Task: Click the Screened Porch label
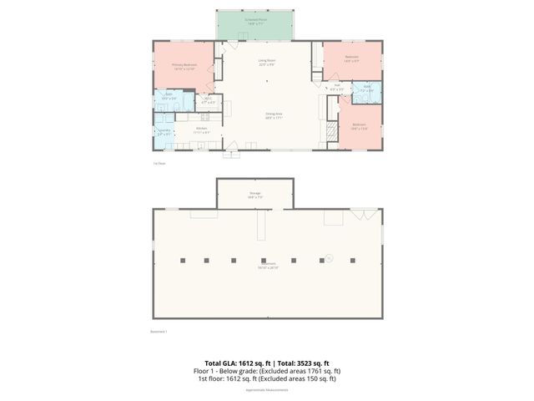(256, 18)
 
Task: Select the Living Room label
(267, 60)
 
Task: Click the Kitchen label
(202, 129)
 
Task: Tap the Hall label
(338, 84)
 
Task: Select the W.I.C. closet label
(209, 100)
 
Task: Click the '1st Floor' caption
(159, 163)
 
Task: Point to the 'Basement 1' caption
(159, 332)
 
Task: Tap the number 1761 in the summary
(309, 370)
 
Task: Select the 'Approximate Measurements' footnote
(267, 389)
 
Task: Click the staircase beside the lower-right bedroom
(333, 111)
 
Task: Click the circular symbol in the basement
(329, 257)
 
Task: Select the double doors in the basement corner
(362, 216)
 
